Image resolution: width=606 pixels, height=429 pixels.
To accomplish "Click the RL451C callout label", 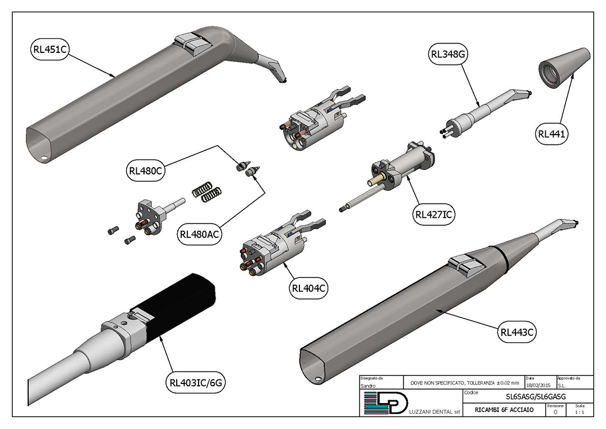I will click(50, 49).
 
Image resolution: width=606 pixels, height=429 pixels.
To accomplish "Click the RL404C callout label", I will click(309, 289).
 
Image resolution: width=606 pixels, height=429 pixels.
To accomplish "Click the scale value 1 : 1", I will click(579, 412).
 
